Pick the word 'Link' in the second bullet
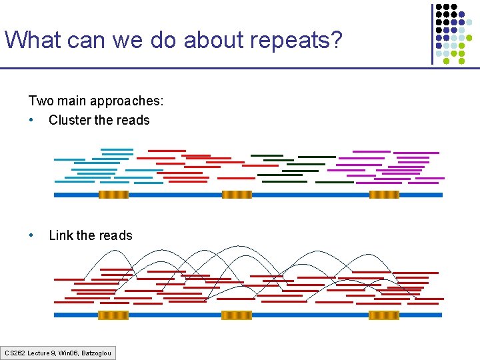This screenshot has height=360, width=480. pos(61,235)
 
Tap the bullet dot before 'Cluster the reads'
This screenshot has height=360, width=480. pos(32,121)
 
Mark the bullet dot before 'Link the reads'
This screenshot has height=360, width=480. pos(32,235)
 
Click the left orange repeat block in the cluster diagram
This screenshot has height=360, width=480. pos(113,195)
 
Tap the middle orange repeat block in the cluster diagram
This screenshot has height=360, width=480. pos(237,195)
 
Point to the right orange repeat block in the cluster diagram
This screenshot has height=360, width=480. pos(384,195)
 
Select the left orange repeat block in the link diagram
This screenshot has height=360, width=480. pos(113,315)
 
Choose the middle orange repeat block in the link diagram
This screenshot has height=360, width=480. pos(237,315)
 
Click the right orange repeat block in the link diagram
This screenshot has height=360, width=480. pos(384,315)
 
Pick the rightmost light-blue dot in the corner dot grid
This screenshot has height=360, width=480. pos(469,21)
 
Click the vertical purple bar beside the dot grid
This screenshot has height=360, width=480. pos(432,33)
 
